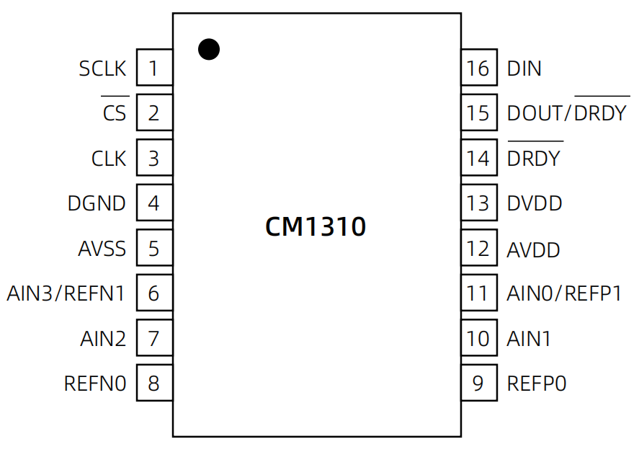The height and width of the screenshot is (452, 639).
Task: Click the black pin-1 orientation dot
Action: pos(209,49)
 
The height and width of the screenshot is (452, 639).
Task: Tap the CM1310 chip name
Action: pos(316,227)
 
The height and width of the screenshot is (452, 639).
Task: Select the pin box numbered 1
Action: pos(154,68)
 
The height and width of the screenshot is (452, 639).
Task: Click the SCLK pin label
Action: pos(102,69)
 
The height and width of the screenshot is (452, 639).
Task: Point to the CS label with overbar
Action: pos(115,113)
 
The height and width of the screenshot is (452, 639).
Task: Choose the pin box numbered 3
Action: pos(154,158)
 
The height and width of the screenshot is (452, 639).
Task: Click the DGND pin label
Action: pos(97,203)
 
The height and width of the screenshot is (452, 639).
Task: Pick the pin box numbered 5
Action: pos(154,249)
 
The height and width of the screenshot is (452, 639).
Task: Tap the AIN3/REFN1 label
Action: pos(66,293)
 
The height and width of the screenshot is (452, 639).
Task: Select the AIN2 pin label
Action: pos(103,338)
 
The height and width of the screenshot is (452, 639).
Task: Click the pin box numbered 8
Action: pos(154,383)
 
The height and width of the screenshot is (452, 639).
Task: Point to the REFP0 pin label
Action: pos(537,384)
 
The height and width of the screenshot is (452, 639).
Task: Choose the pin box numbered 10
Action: pos(478,338)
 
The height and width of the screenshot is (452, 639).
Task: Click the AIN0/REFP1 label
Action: pos(564,293)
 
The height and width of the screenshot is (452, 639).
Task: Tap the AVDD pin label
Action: pos(534,249)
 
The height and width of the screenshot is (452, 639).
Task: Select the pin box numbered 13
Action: pos(478,203)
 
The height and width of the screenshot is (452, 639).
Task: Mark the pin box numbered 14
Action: pos(478,158)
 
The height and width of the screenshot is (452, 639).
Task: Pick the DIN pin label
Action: pos(524,69)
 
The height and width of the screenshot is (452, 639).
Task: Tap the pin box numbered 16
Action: pos(478,68)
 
